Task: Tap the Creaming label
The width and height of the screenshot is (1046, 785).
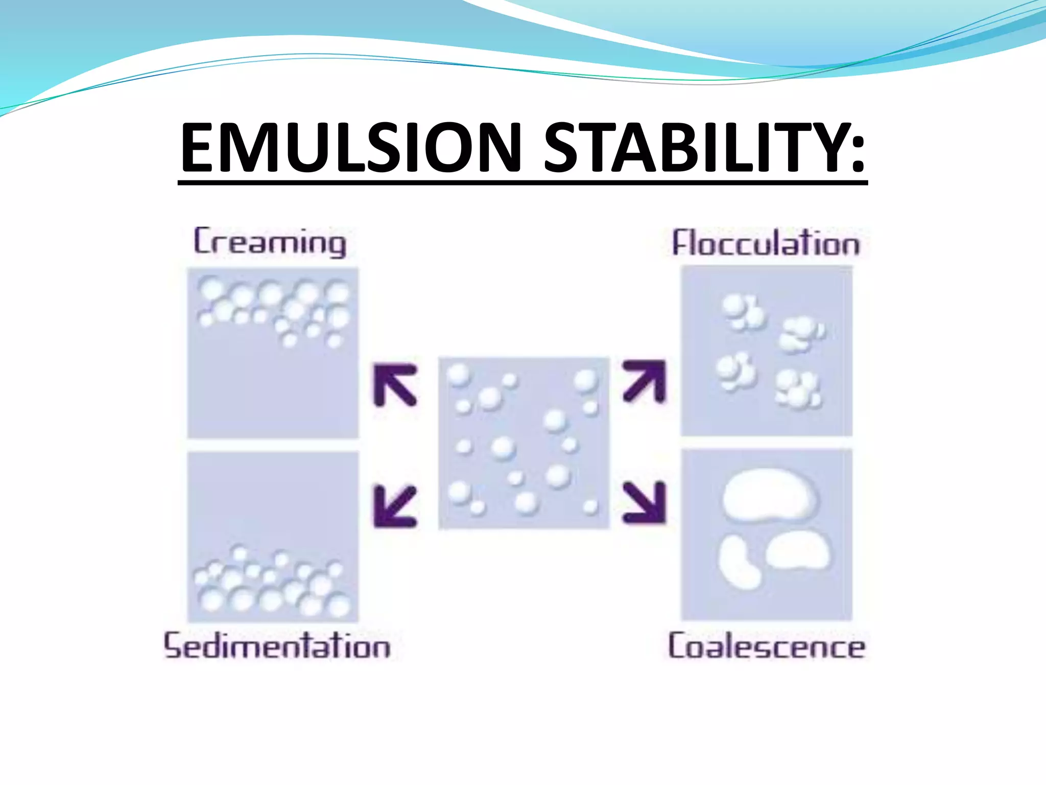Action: [x=270, y=242]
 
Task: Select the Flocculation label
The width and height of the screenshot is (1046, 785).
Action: [x=766, y=243]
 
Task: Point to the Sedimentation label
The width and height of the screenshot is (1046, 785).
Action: [x=277, y=645]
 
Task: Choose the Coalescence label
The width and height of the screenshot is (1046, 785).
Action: [x=767, y=647]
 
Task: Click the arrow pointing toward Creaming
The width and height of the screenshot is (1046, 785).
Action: [x=395, y=385]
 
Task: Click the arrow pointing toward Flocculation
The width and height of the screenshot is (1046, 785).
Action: [x=645, y=381]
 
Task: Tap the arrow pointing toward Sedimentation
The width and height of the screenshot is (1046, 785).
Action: [x=395, y=506]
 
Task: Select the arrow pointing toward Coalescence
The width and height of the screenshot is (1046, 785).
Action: [x=645, y=503]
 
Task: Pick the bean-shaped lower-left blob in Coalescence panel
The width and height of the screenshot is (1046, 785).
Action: [x=739, y=562]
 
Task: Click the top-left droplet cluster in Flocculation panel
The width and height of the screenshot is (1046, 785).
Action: [x=743, y=312]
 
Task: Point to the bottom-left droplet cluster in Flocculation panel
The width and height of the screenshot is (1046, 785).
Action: [x=736, y=372]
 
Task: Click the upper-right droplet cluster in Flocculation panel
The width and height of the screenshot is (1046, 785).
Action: [x=800, y=334]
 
